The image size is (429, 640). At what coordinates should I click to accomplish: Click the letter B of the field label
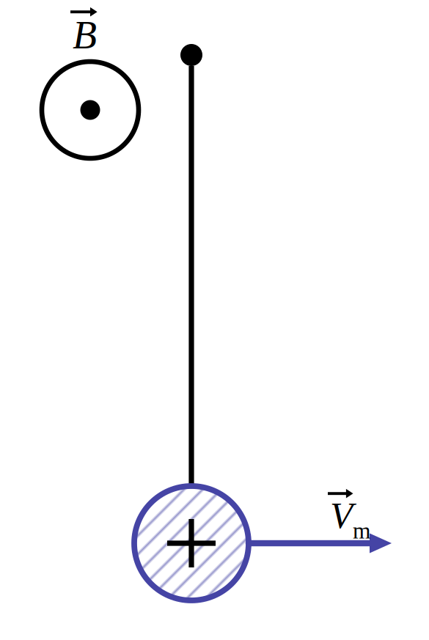(85, 35)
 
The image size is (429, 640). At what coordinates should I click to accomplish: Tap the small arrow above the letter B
(84, 12)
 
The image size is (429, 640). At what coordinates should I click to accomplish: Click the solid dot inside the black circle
(90, 110)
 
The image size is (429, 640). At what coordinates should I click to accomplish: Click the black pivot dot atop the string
(191, 55)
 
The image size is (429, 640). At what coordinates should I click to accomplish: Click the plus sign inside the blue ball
(191, 543)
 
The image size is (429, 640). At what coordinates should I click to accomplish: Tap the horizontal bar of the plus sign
(191, 543)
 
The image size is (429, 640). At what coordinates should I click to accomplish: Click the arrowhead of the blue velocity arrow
(380, 543)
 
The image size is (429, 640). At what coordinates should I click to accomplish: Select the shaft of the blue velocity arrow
(310, 543)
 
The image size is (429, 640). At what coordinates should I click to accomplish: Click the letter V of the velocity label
(343, 515)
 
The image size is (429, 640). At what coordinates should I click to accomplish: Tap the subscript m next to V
(362, 532)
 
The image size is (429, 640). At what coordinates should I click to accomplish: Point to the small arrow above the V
(340, 493)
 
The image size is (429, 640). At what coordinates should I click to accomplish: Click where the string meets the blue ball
(191, 484)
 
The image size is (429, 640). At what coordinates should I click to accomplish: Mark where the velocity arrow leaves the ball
(251, 543)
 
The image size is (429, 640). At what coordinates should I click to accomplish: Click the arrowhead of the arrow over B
(94, 12)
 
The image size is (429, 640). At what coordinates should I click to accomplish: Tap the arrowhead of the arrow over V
(349, 493)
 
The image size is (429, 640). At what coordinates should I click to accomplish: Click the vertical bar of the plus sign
(191, 543)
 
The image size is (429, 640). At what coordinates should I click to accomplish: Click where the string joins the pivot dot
(191, 65)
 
